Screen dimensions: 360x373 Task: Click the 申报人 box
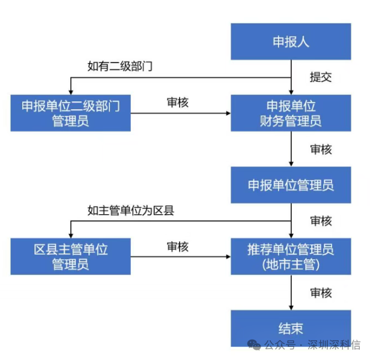click(x=291, y=42)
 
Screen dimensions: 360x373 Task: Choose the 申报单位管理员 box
click(x=291, y=185)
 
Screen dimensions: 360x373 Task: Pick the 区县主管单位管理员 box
click(x=70, y=256)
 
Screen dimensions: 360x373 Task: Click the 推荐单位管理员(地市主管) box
click(x=291, y=256)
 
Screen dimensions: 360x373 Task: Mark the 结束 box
click(x=291, y=328)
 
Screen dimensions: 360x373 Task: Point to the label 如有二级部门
click(x=120, y=66)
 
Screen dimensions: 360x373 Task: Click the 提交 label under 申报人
click(x=320, y=77)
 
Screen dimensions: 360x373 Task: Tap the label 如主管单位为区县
click(x=130, y=210)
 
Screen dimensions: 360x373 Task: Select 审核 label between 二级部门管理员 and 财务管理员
click(x=177, y=103)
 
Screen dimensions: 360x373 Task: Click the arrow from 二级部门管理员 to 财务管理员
click(x=180, y=113)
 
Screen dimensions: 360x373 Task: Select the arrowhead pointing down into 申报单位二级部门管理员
click(x=71, y=91)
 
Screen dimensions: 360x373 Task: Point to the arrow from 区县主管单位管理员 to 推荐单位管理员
click(x=180, y=256)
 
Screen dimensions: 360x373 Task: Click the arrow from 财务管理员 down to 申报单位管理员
click(x=291, y=149)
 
